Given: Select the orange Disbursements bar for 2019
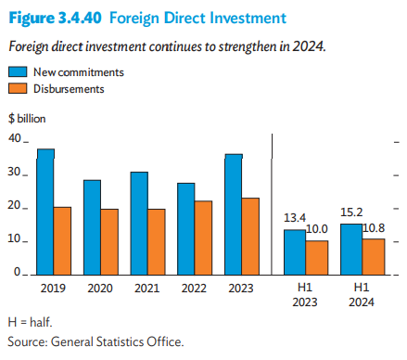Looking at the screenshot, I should click(x=63, y=240).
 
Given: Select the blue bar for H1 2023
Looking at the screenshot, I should click(x=294, y=251).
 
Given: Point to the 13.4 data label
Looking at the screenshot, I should click(x=295, y=218).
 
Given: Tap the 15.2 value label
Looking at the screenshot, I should click(x=351, y=212).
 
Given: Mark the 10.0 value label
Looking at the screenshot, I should click(x=318, y=229).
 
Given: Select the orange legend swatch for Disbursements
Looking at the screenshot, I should click(x=17, y=88).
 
